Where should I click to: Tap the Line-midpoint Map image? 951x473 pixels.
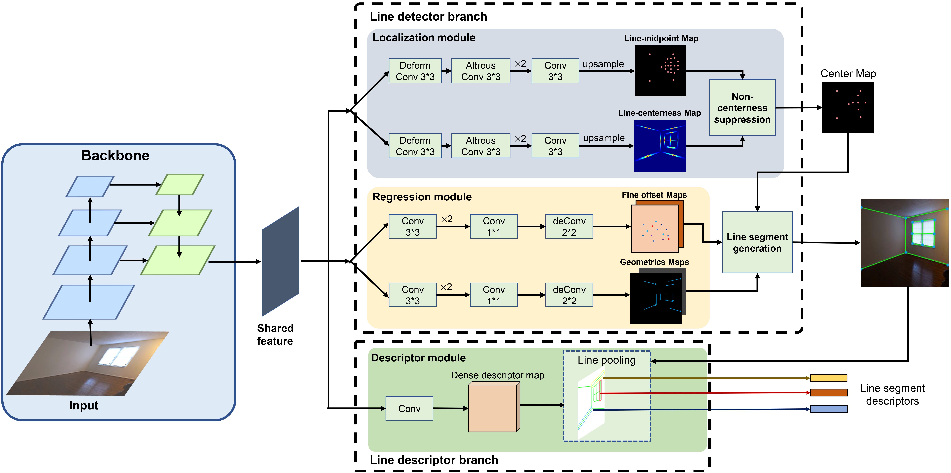click(660, 71)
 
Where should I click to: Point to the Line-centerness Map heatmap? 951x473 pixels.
click(660, 146)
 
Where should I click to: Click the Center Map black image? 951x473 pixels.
click(848, 107)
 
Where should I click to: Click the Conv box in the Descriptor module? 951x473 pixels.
click(409, 408)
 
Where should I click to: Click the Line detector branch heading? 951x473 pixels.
click(428, 17)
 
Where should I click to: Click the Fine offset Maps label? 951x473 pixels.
click(654, 195)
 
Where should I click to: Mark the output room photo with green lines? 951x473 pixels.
click(904, 243)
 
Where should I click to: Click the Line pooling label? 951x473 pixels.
click(607, 360)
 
